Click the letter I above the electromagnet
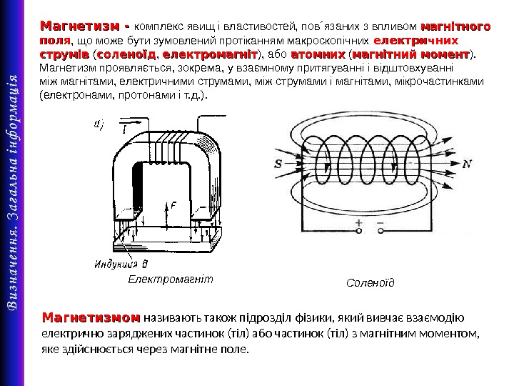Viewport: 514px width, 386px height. click(x=124, y=129)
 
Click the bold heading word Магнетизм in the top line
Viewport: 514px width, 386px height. click(x=81, y=27)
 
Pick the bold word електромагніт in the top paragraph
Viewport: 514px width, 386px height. click(x=210, y=54)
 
